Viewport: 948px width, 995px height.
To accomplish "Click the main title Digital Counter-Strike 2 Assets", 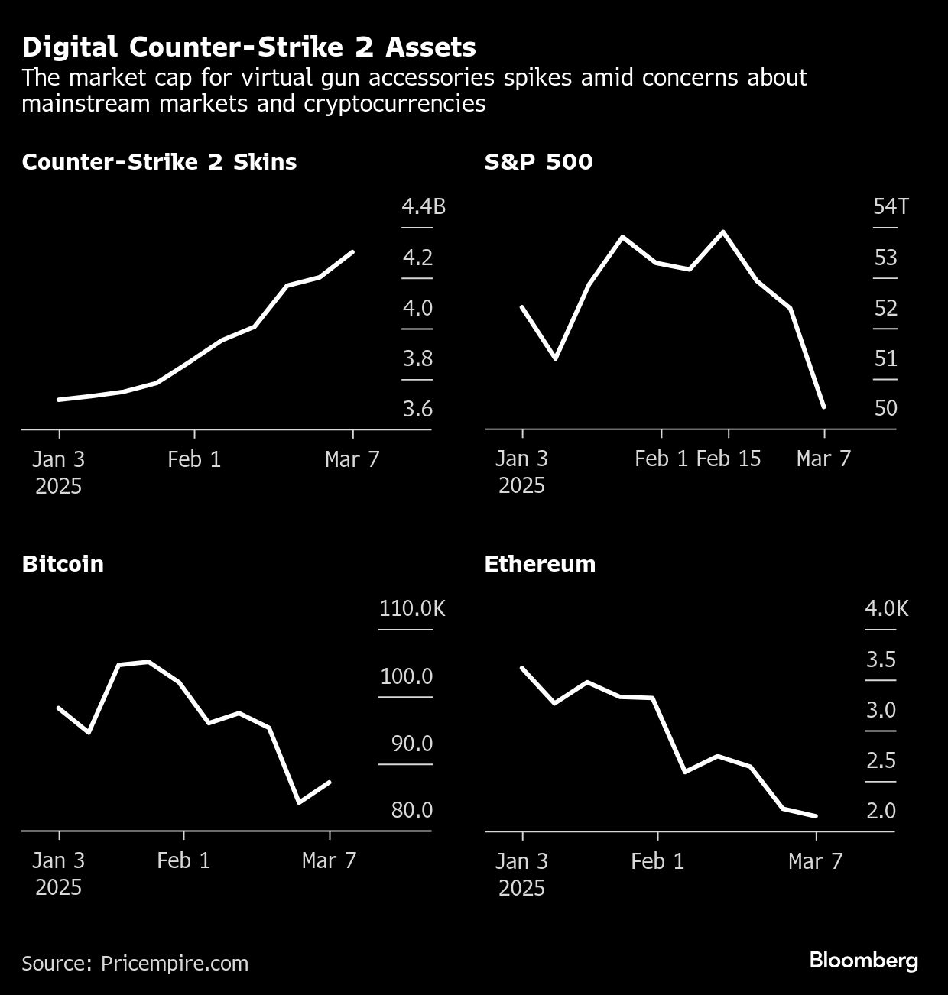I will pyautogui.click(x=248, y=47).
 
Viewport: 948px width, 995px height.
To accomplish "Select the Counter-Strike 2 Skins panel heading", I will pyautogui.click(x=159, y=162).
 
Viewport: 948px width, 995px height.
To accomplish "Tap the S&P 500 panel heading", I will pyautogui.click(x=538, y=162).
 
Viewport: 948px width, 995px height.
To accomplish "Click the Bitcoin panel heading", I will pyautogui.click(x=63, y=564).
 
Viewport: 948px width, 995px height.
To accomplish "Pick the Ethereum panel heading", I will pyautogui.click(x=540, y=564).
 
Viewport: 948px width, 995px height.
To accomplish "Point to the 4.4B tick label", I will pyautogui.click(x=424, y=206).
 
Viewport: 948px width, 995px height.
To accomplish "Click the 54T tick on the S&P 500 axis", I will pyautogui.click(x=891, y=206).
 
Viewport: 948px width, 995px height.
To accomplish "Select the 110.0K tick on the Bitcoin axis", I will pyautogui.click(x=412, y=608).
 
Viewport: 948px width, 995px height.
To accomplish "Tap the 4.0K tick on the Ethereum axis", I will pyautogui.click(x=887, y=608).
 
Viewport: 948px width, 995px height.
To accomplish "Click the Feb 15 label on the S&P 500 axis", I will pyautogui.click(x=729, y=459).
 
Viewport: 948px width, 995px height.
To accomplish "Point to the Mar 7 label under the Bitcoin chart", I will pyautogui.click(x=330, y=860).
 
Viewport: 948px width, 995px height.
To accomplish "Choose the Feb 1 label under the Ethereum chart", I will pyautogui.click(x=657, y=861).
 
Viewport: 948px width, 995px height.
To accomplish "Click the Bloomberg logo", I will pyautogui.click(x=864, y=961).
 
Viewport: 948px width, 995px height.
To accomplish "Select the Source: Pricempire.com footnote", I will pyautogui.click(x=135, y=963).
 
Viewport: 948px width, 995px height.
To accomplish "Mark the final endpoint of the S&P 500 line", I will pyautogui.click(x=823, y=407).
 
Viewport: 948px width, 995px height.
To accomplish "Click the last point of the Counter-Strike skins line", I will pyautogui.click(x=352, y=251).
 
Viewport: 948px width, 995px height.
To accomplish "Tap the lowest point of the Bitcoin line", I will pyautogui.click(x=298, y=802).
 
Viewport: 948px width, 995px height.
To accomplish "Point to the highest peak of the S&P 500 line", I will pyautogui.click(x=723, y=232).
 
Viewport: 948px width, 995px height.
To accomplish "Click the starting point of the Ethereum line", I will pyautogui.click(x=522, y=668).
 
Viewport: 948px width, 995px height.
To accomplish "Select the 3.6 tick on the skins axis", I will pyautogui.click(x=417, y=409).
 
